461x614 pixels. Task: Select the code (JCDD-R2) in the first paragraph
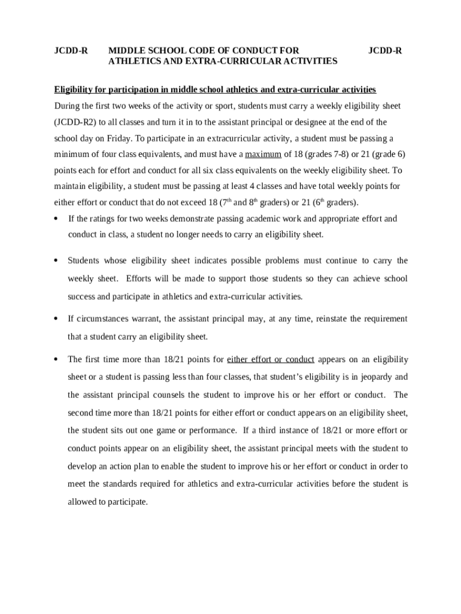(75, 122)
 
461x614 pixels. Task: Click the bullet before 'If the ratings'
(55, 218)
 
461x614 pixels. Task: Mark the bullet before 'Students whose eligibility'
(55, 260)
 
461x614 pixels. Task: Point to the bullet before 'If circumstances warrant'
(55, 318)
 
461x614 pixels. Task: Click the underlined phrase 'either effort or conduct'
(271, 359)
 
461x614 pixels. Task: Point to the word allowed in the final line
(82, 502)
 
